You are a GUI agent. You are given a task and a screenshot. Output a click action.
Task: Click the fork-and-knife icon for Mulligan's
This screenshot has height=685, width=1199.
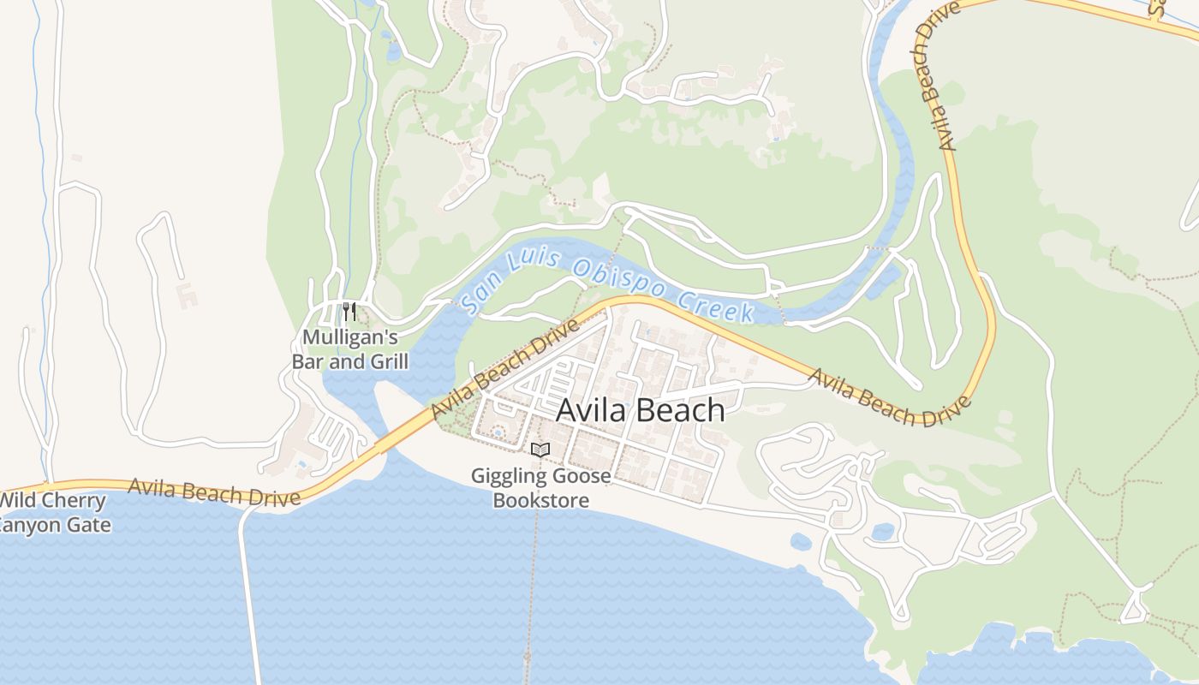click(349, 311)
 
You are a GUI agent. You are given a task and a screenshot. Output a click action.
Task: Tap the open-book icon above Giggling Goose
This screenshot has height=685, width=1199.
click(540, 450)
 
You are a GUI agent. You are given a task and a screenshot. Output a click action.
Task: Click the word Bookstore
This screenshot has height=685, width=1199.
click(541, 499)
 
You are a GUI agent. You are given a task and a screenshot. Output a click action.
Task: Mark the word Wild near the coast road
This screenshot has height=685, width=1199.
click(18, 501)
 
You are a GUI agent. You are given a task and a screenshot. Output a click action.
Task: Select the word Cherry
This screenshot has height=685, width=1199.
click(75, 501)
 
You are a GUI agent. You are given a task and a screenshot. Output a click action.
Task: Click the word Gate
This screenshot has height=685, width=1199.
click(91, 524)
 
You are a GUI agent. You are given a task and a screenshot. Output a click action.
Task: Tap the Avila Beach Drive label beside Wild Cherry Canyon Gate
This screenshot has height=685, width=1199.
click(214, 491)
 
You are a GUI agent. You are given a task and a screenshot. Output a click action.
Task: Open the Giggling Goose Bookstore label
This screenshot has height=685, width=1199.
click(541, 487)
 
